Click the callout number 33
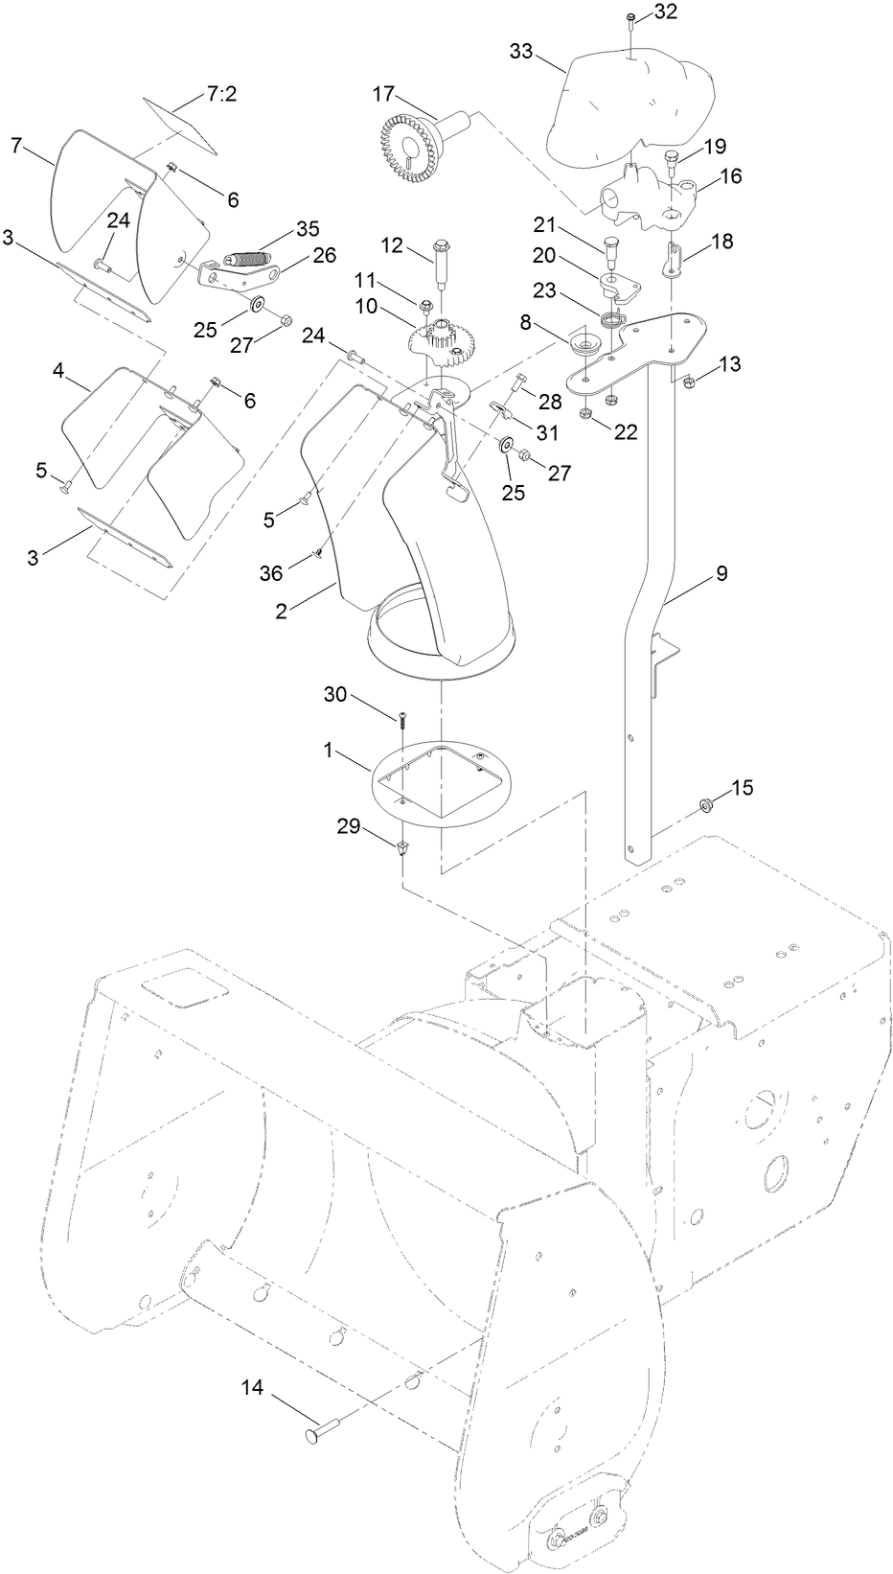click(x=521, y=52)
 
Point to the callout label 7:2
click(x=221, y=96)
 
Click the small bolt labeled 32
click(x=630, y=19)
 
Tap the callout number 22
click(x=626, y=432)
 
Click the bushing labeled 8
click(x=583, y=344)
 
